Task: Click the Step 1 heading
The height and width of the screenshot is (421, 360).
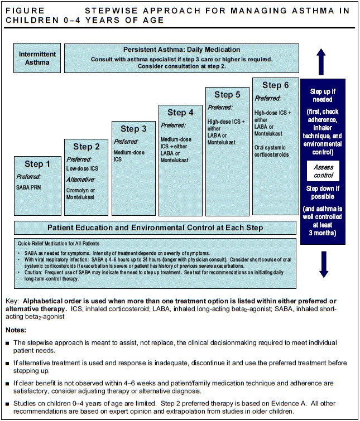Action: coord(37,164)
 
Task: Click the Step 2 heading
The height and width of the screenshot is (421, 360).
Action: coord(86,147)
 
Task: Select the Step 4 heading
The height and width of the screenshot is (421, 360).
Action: coord(180,113)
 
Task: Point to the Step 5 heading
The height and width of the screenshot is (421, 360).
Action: coord(227,95)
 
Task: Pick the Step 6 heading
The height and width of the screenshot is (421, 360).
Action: coord(275,85)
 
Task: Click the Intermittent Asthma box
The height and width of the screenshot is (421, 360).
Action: coord(37,58)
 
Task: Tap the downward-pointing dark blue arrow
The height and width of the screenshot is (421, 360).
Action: coord(323,264)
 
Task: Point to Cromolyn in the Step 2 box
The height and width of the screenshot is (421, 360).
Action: coord(79,190)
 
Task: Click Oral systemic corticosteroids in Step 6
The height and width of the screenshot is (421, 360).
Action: coord(271,151)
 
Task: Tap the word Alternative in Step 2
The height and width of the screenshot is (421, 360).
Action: coord(81,180)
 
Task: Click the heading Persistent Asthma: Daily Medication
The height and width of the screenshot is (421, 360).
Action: coord(182,50)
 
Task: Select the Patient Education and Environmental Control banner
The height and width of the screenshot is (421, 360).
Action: coord(155,228)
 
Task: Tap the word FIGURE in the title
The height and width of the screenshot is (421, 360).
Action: coord(24,11)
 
